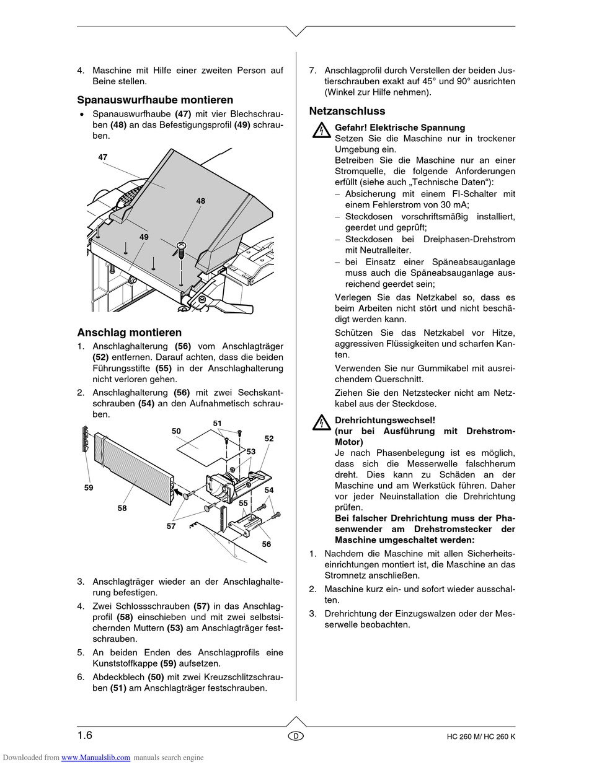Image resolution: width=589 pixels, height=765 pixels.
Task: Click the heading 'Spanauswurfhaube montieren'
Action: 155,100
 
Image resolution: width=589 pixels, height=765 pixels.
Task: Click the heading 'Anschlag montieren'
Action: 129,333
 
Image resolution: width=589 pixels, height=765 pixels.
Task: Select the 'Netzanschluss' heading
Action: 347,111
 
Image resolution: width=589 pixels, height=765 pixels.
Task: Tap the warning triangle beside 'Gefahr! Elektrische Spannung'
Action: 321,130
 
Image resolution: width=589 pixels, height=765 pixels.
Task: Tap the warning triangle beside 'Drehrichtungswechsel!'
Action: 321,423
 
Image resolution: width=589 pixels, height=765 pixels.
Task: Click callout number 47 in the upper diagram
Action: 103,157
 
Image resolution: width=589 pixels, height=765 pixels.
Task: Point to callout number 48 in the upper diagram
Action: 201,201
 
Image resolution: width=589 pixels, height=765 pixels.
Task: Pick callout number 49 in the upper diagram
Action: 144,237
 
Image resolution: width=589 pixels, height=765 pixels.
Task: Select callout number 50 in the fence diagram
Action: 176,431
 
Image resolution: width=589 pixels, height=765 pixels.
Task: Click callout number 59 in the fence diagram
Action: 89,487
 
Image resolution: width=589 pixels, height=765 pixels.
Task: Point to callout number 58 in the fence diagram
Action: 122,508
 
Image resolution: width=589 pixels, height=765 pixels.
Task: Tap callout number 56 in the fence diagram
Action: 266,544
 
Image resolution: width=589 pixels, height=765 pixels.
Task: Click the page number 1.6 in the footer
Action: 85,735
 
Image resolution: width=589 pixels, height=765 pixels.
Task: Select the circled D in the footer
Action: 296,736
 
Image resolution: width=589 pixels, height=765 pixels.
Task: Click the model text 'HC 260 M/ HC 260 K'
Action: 480,737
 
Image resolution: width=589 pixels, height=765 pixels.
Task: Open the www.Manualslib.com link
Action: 96,757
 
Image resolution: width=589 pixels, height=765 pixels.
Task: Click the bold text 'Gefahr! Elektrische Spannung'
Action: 399,127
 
